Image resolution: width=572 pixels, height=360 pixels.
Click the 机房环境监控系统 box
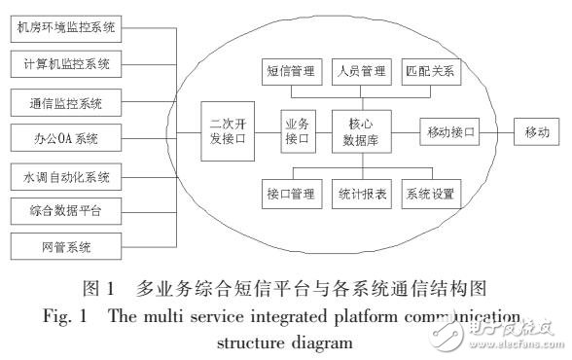coord(65,28)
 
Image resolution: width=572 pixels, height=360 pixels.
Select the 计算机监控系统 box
coord(65,64)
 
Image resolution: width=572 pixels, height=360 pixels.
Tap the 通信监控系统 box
coord(65,101)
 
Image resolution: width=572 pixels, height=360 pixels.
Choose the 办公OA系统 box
coord(65,137)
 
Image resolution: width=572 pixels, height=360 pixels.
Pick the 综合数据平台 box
coord(65,209)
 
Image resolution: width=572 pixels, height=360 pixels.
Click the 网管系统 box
coord(65,245)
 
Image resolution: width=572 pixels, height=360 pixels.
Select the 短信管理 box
coord(290,71)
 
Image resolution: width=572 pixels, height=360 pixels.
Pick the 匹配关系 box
coord(429,71)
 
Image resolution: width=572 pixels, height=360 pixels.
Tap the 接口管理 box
coord(290,193)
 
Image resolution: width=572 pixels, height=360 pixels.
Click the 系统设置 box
coord(429,193)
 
